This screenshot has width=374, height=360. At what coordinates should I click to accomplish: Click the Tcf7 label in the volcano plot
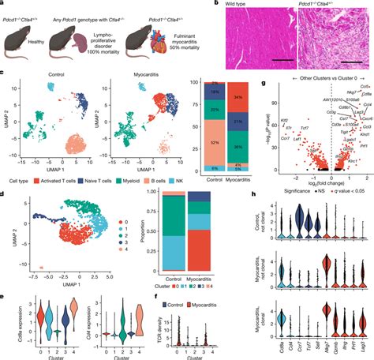click(312, 126)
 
